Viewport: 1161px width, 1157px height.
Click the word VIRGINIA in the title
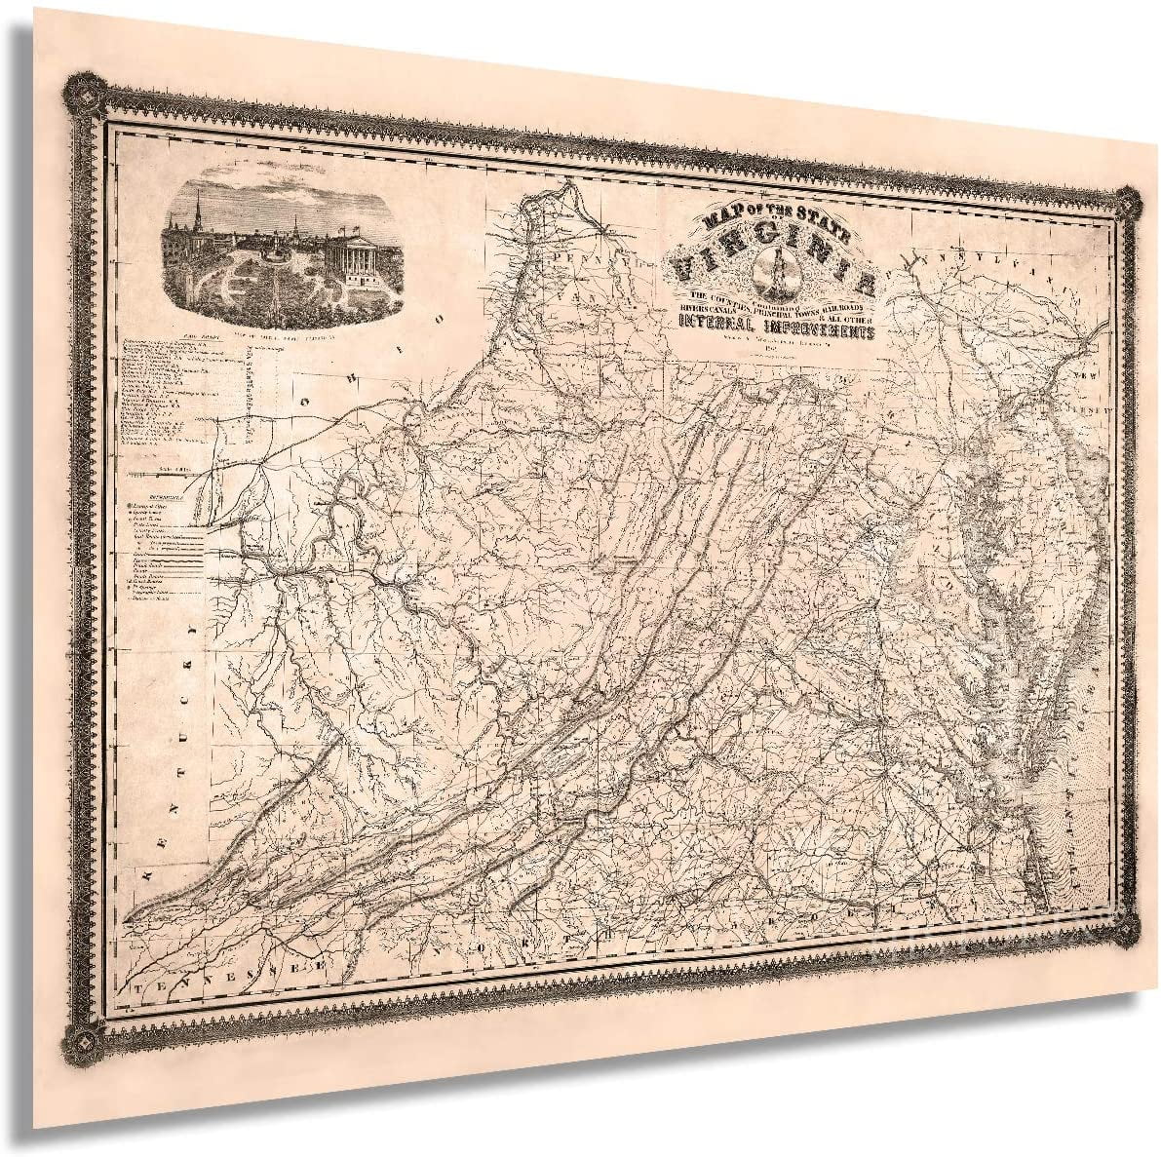click(x=775, y=262)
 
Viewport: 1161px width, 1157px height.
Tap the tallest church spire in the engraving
click(x=198, y=208)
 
